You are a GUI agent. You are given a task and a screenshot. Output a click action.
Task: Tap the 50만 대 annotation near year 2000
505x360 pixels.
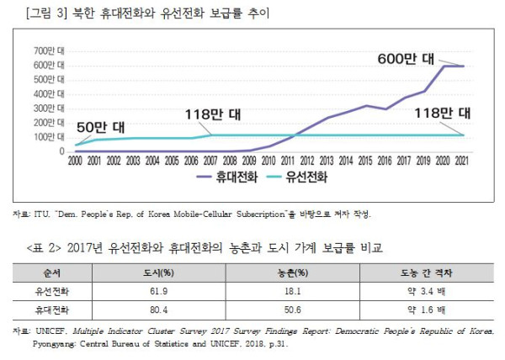click(99, 127)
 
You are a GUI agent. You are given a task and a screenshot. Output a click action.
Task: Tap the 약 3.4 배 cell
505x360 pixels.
click(428, 291)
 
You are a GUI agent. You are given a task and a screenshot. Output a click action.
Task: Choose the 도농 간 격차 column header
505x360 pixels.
click(428, 272)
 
